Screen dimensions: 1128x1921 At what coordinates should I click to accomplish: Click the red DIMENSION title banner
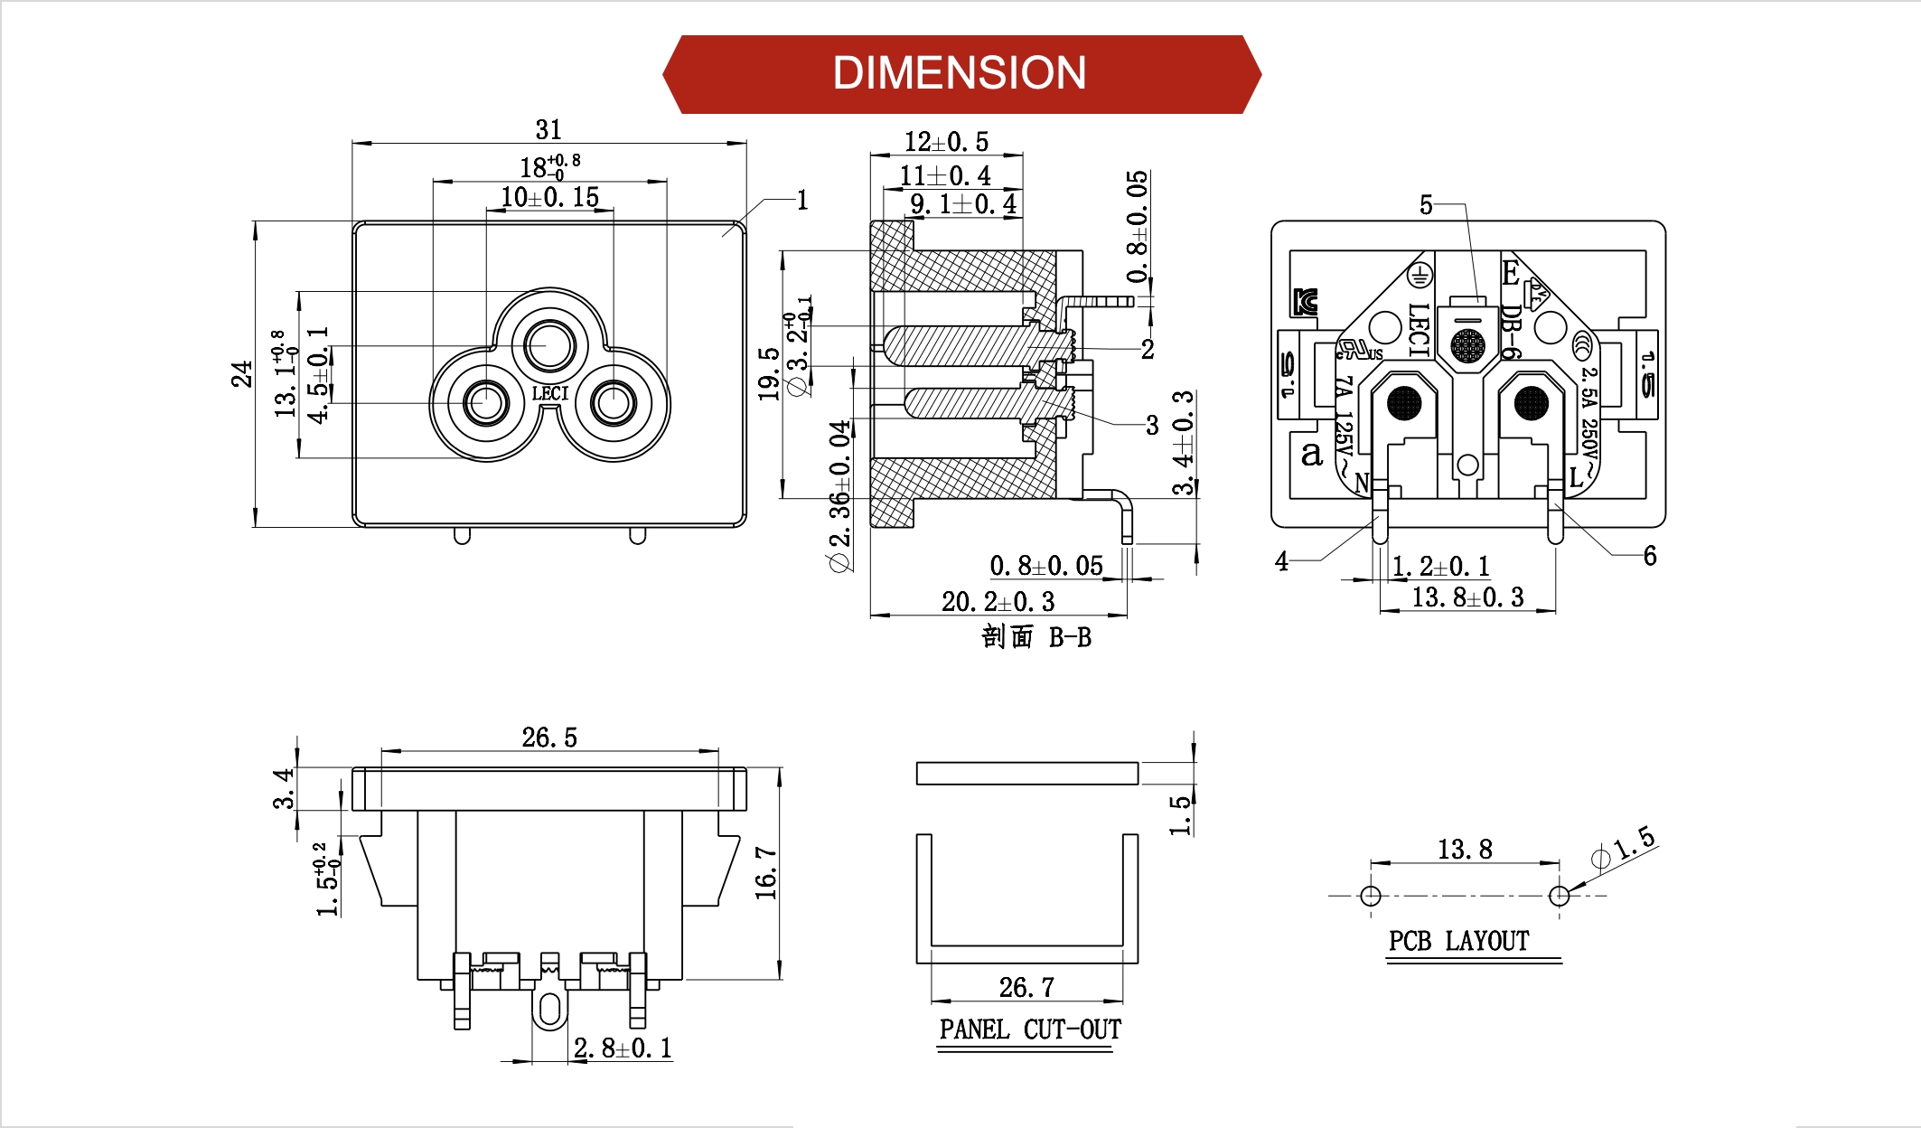click(960, 73)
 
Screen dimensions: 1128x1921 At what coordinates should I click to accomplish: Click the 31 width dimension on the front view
click(548, 130)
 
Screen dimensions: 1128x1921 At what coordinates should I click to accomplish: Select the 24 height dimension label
click(241, 373)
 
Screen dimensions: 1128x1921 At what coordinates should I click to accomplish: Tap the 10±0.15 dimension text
click(549, 197)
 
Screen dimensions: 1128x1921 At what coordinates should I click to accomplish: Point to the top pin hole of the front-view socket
click(549, 345)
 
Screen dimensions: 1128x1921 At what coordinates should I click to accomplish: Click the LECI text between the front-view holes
click(549, 394)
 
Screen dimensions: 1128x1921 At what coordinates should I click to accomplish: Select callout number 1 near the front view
click(801, 200)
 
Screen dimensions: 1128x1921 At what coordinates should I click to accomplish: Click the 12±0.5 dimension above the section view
click(946, 142)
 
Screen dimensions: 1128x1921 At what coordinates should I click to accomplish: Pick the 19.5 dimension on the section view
click(768, 373)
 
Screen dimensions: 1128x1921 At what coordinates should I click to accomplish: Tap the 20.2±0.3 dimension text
click(998, 602)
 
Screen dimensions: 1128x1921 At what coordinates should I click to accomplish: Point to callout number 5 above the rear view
click(1426, 205)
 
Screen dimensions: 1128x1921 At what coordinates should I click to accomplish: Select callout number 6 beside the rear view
click(1650, 556)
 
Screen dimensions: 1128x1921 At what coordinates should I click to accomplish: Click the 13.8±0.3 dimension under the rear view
click(1467, 597)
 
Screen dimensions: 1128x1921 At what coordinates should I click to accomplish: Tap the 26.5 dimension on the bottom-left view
click(549, 738)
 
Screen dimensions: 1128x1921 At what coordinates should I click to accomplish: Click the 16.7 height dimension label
click(765, 873)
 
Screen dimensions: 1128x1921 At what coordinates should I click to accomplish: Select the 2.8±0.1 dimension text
click(623, 1048)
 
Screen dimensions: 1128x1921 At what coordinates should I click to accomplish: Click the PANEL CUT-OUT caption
click(1030, 1029)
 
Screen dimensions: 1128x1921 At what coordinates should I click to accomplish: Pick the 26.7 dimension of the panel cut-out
click(1026, 987)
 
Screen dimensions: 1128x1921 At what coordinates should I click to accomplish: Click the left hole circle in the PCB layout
click(1371, 896)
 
